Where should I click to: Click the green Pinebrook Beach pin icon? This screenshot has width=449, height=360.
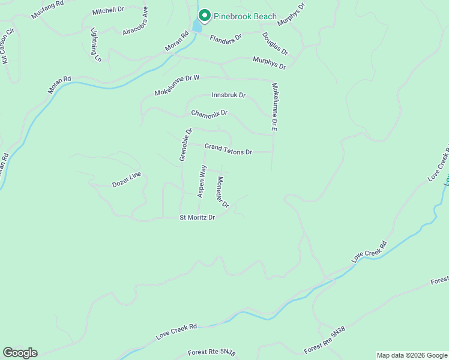pos(204,15)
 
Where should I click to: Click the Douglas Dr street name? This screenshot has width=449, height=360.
pos(275,43)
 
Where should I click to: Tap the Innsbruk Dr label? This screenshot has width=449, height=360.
pos(229,95)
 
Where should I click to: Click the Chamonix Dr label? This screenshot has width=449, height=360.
pos(209,113)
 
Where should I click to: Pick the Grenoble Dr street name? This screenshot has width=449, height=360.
pos(185,145)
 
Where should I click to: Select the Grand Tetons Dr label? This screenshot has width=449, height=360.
pos(228,149)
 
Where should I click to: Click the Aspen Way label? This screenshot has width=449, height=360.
pos(202,180)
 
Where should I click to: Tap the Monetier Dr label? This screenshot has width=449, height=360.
pos(223,192)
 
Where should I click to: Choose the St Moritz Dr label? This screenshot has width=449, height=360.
pos(197,217)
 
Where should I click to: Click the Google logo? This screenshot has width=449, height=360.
pos(20,353)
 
